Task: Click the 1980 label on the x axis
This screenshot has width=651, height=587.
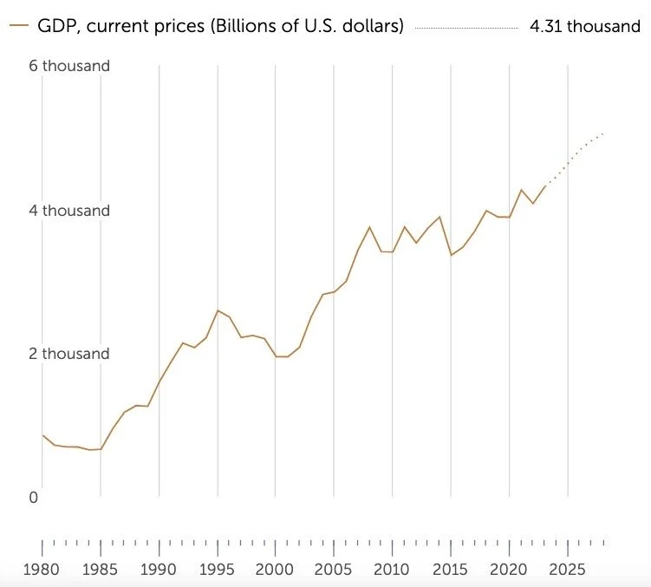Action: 42,570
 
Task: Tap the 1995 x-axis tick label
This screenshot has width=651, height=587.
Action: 218,570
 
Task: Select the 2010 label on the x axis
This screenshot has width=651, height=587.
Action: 393,570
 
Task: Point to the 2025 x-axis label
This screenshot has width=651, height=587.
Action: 568,570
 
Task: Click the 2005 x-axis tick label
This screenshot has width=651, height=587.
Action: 334,570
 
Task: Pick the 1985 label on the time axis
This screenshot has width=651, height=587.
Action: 101,570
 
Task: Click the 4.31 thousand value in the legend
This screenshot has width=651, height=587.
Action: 585,26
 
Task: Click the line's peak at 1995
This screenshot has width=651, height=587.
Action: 218,310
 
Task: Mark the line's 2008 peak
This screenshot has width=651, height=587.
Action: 370,227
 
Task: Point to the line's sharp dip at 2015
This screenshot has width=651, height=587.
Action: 451,255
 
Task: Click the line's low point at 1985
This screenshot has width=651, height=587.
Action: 101,449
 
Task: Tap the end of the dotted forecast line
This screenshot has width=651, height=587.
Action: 602,134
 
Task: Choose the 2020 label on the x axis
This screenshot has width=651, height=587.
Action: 510,570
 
